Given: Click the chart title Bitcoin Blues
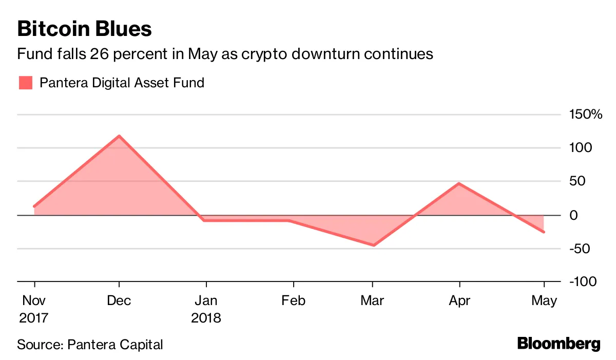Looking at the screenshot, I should [x=84, y=29].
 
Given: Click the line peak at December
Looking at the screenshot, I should [x=119, y=136].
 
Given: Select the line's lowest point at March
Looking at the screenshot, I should [x=373, y=245].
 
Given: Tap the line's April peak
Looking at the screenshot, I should [x=458, y=183].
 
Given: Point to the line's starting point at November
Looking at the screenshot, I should [x=34, y=206].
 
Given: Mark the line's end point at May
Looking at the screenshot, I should [x=544, y=232].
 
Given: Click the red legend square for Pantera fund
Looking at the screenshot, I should [x=25, y=83].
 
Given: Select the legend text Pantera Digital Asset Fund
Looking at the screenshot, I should [x=122, y=83].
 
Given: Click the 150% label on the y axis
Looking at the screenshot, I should [x=585, y=114].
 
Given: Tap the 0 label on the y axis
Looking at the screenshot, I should [x=574, y=215].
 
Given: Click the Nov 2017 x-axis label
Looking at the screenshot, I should [x=34, y=309].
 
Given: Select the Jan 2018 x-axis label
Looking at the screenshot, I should [x=206, y=309].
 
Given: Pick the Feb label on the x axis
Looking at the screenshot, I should [x=293, y=300].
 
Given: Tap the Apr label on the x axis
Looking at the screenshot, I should [x=458, y=300].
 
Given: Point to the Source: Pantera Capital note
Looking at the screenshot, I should [x=90, y=344].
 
